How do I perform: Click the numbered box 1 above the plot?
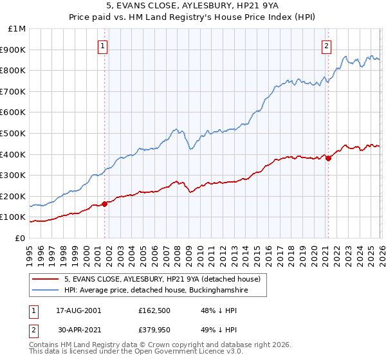(x=104, y=45)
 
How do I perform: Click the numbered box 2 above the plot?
(x=327, y=45)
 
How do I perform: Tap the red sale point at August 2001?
(x=105, y=204)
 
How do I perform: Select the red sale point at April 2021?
(x=328, y=158)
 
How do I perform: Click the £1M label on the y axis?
(x=17, y=28)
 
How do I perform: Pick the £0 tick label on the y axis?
(x=21, y=238)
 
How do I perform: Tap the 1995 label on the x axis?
(x=30, y=251)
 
